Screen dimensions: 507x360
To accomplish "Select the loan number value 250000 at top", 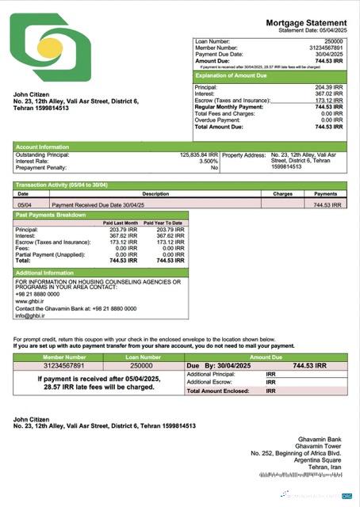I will point(333,40).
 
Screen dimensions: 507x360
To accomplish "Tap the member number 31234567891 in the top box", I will point(327,47).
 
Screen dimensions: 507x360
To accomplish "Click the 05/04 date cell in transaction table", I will point(24,204).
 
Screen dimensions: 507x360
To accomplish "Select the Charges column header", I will point(282,193).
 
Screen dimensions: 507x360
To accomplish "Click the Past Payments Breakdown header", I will point(51,215).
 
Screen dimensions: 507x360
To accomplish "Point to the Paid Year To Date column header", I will point(164,223).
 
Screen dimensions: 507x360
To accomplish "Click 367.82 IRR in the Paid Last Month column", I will point(123,236).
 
